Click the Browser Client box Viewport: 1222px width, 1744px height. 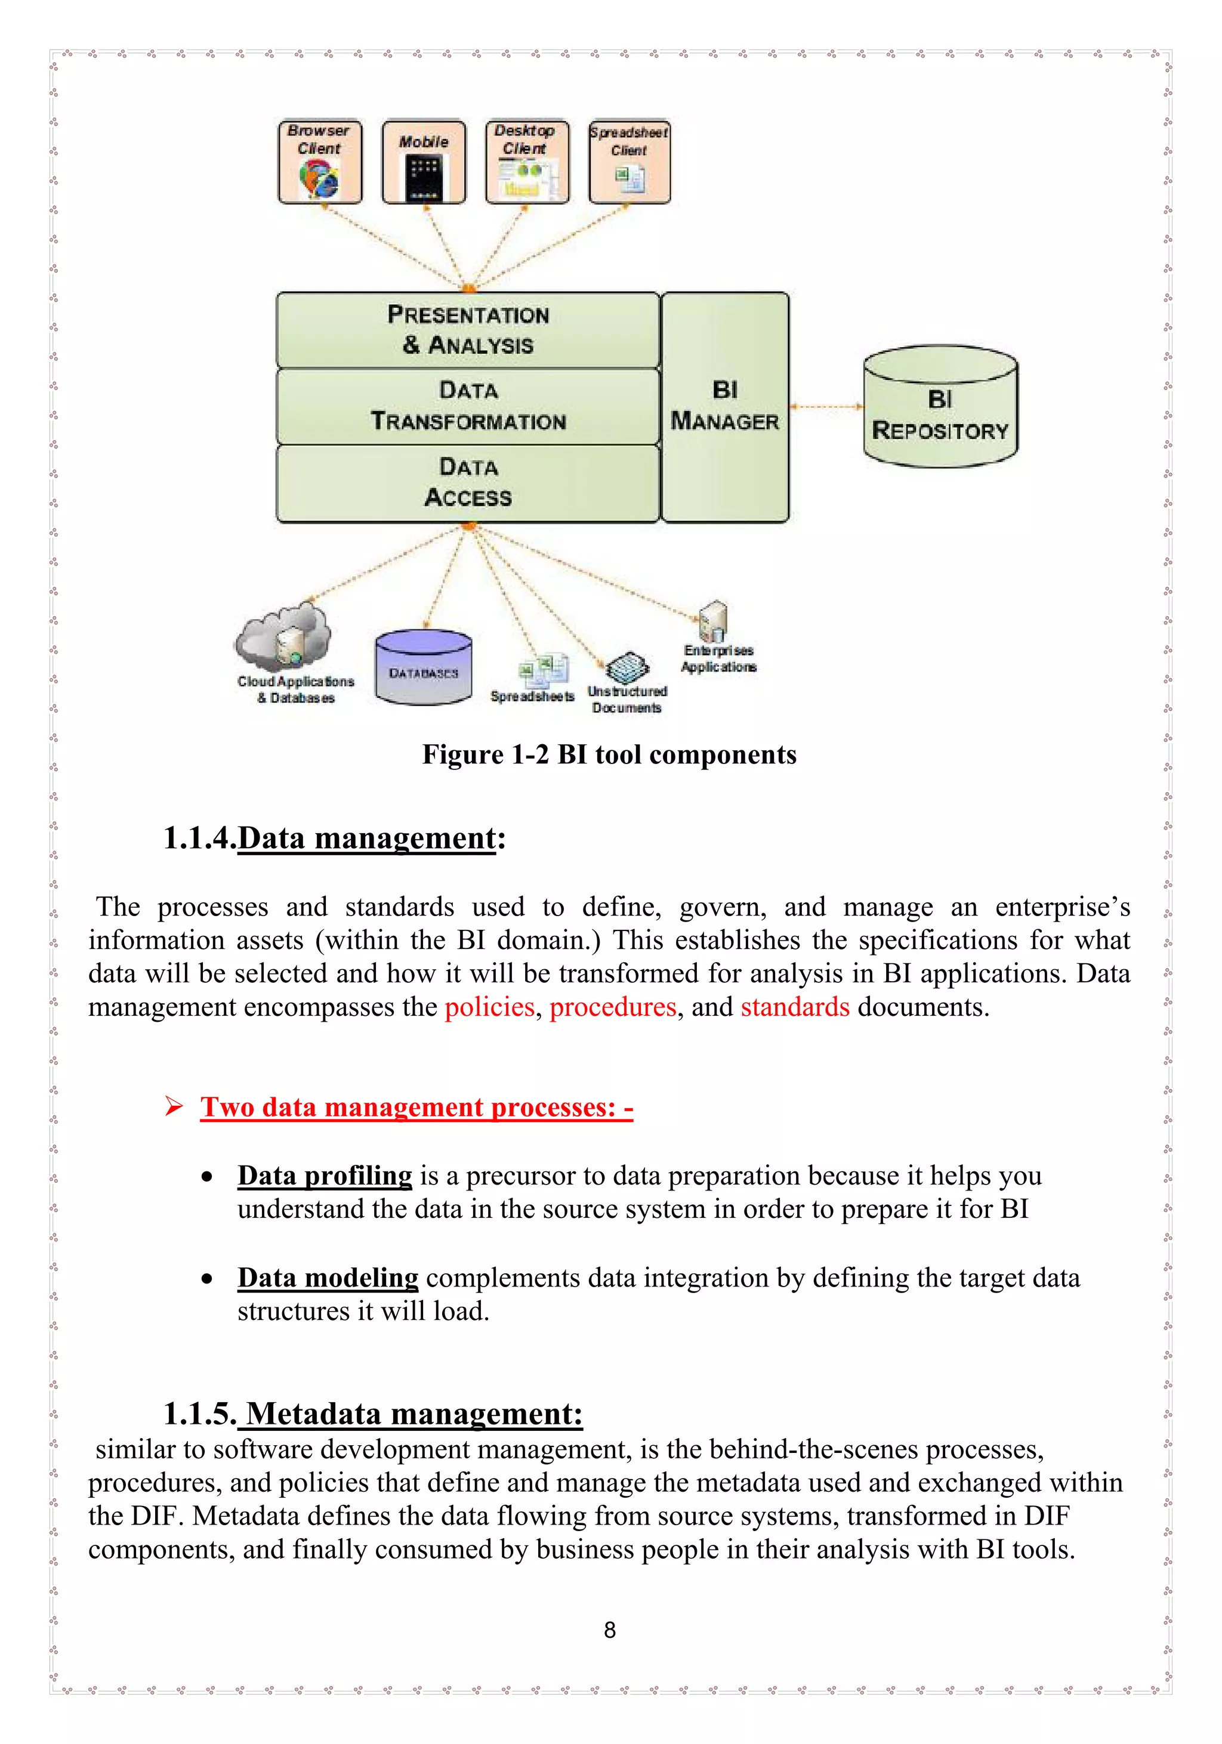[320, 162]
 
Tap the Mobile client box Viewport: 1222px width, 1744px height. [423, 162]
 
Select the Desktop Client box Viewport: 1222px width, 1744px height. [527, 162]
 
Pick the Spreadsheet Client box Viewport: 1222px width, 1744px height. [629, 162]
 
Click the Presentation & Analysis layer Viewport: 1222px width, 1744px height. [467, 330]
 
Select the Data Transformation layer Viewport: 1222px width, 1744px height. [467, 406]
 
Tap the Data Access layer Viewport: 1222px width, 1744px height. [467, 483]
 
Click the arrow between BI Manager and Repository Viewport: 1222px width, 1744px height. [826, 407]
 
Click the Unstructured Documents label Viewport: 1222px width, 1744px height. [627, 700]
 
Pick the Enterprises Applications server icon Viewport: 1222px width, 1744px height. [713, 620]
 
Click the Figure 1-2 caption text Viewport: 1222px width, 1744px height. [609, 755]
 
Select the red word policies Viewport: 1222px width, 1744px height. [489, 1007]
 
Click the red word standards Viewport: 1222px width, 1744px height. [795, 1007]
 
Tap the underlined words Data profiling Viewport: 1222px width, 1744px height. [325, 1176]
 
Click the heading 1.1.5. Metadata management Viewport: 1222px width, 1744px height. [372, 1414]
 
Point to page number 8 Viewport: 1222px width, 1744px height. [609, 1629]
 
